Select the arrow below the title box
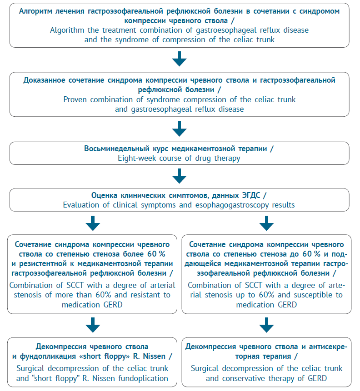[x=180, y=59]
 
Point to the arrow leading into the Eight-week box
[x=180, y=129]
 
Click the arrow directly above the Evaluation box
[x=180, y=176]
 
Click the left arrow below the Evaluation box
[x=93, y=223]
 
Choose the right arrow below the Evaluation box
[x=266, y=223]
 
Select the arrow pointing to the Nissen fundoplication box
[x=93, y=325]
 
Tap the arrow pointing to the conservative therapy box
[x=266, y=325]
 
